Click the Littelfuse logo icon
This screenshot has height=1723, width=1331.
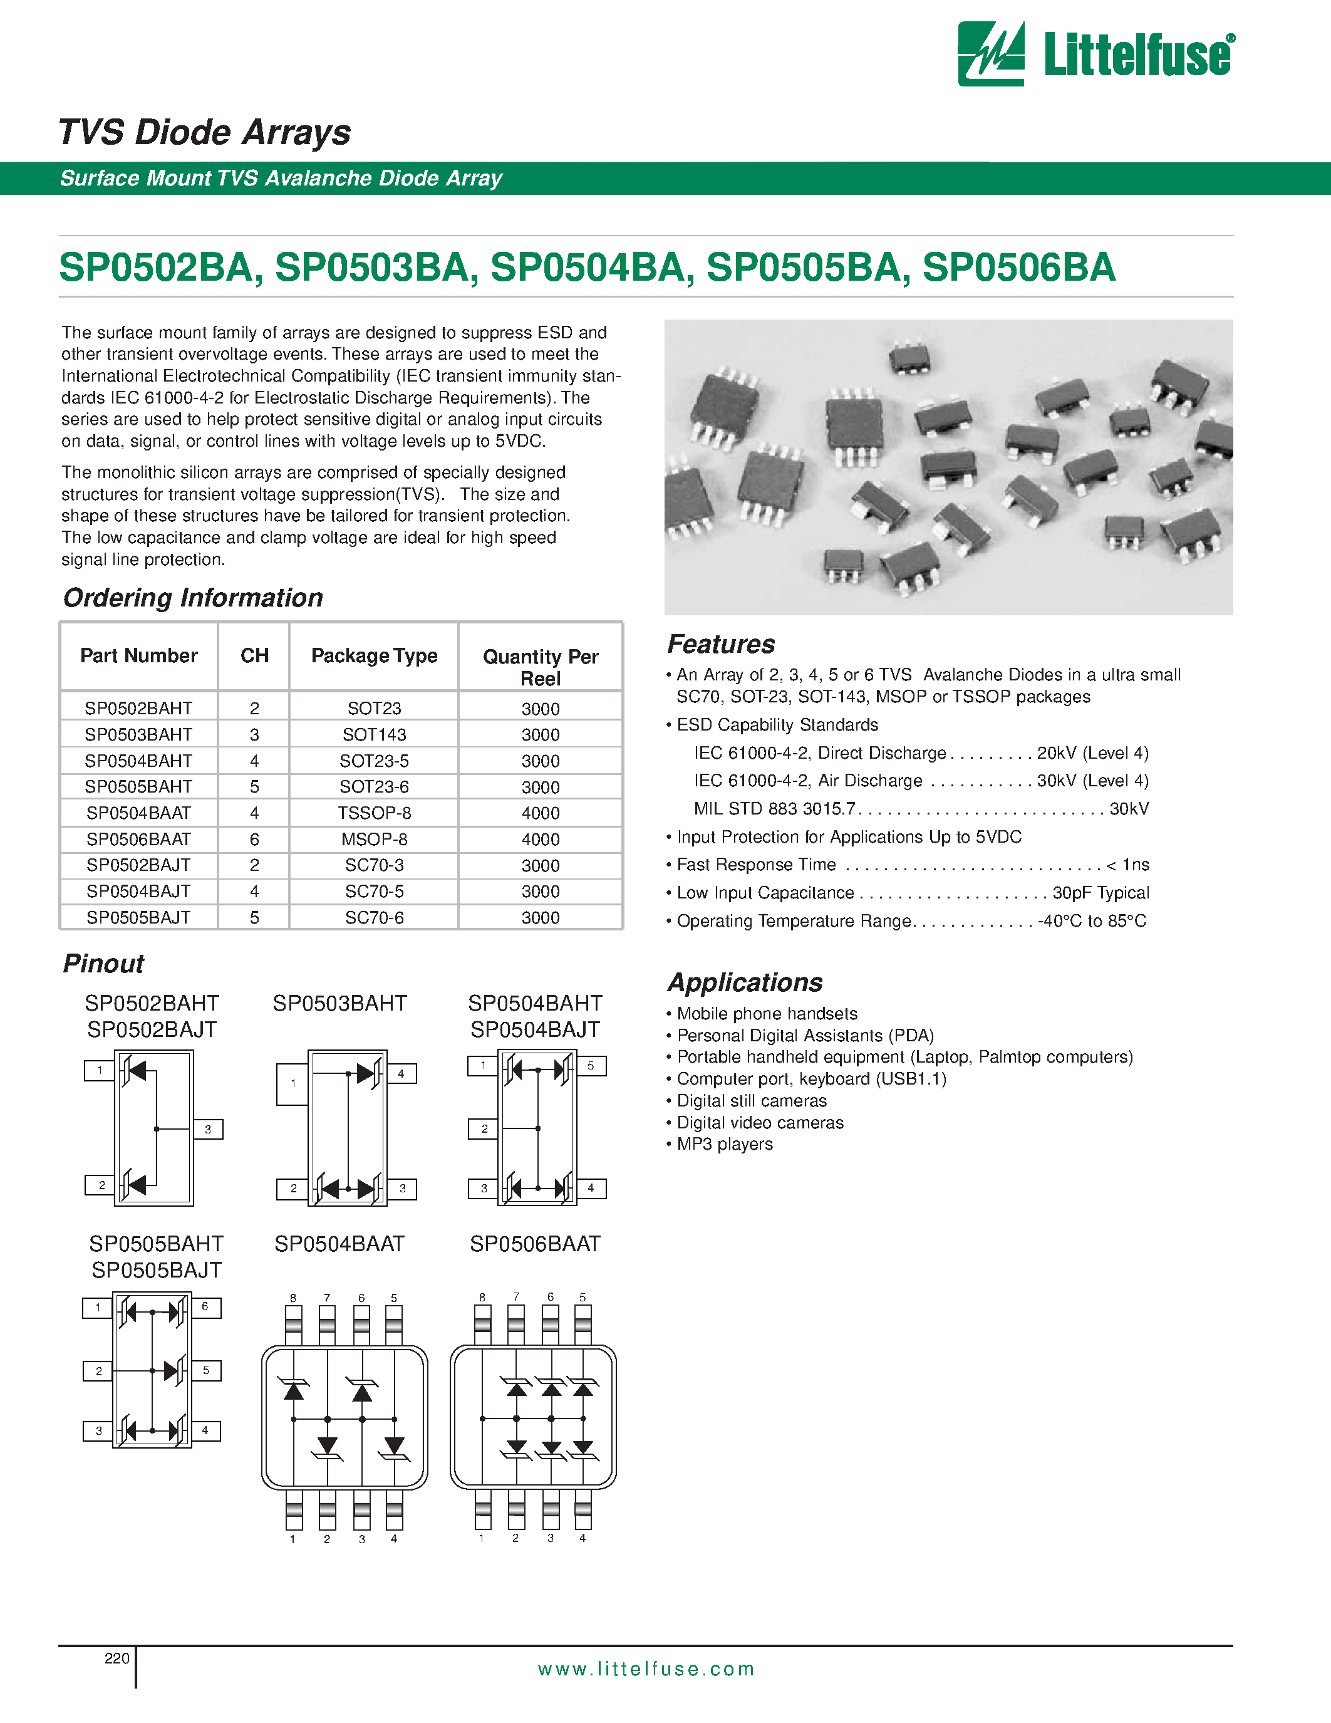990,54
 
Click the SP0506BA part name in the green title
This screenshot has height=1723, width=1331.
1018,268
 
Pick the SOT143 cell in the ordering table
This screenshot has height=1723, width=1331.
374,734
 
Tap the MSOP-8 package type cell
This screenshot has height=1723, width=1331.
374,840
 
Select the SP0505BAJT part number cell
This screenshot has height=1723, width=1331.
139,917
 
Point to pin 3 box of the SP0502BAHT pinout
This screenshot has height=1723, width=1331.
208,1129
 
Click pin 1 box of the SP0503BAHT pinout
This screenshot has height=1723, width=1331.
293,1083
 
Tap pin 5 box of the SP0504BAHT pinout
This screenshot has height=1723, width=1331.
591,1066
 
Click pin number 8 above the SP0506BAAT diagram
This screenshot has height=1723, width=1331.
482,1297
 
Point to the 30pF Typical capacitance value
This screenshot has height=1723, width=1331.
1100,892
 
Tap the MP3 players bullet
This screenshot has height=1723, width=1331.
724,1144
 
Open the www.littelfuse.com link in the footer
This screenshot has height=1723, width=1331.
646,1668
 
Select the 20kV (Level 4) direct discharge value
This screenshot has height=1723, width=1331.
1092,752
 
